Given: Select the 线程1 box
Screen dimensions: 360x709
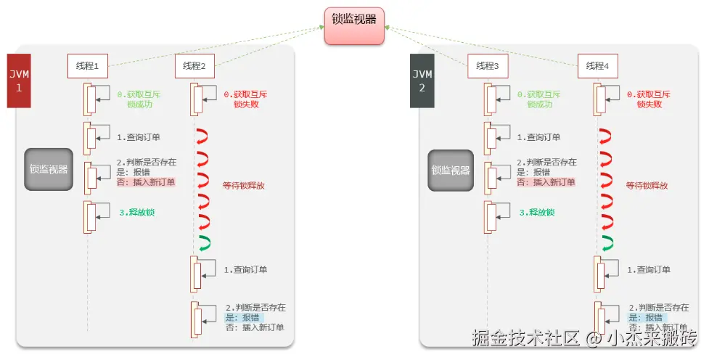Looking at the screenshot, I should (x=88, y=66).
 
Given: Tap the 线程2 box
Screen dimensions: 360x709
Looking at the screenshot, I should (x=194, y=66).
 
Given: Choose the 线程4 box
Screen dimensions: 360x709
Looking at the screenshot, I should (x=598, y=66).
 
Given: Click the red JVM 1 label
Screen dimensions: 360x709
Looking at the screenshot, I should (x=18, y=81).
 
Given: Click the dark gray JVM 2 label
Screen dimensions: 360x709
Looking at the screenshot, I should (x=422, y=81).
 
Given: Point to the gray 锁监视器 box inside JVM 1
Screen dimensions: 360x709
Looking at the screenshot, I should (x=49, y=170).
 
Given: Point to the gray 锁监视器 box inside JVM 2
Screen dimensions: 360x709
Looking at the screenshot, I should (x=451, y=171).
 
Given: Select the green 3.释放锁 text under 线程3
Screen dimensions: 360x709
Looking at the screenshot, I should (x=537, y=213).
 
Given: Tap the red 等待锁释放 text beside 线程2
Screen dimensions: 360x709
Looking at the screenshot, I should (x=243, y=186).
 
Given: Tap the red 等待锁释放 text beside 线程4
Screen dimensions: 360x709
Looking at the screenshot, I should (x=647, y=186).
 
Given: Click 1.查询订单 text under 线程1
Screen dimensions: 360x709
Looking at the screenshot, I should (x=138, y=136).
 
